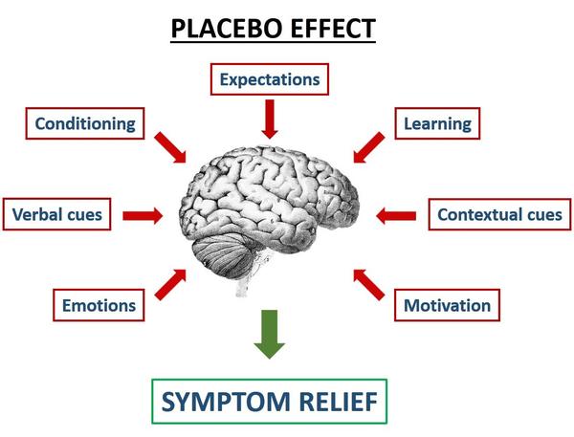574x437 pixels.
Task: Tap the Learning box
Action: (x=438, y=123)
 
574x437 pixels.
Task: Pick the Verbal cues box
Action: (x=56, y=214)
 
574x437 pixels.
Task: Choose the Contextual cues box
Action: (x=499, y=214)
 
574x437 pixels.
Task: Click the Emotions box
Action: (x=99, y=306)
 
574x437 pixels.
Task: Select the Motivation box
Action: (x=447, y=306)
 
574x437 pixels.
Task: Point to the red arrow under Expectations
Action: (x=270, y=119)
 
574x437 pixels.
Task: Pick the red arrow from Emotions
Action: (x=171, y=282)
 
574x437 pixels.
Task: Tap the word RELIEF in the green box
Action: (x=337, y=402)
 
